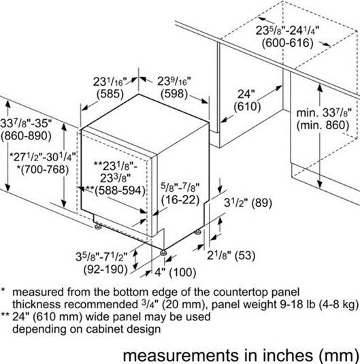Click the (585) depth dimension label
click(x=110, y=94)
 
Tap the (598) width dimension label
click(x=174, y=94)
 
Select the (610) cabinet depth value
click(x=247, y=107)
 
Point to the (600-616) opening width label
click(x=288, y=43)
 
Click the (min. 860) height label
click(x=323, y=125)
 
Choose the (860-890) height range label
click(x=26, y=135)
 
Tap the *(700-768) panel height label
click(x=43, y=169)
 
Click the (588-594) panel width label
click(x=120, y=191)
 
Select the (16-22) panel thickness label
click(x=180, y=200)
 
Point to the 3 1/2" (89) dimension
click(x=248, y=203)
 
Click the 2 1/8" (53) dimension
click(x=231, y=256)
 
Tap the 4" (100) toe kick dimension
click(x=176, y=272)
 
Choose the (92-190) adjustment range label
click(x=105, y=269)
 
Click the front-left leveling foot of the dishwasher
click(x=98, y=226)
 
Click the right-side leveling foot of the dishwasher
click(x=198, y=232)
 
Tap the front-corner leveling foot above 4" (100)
click(x=163, y=252)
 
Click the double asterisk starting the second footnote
click(x=5, y=315)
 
